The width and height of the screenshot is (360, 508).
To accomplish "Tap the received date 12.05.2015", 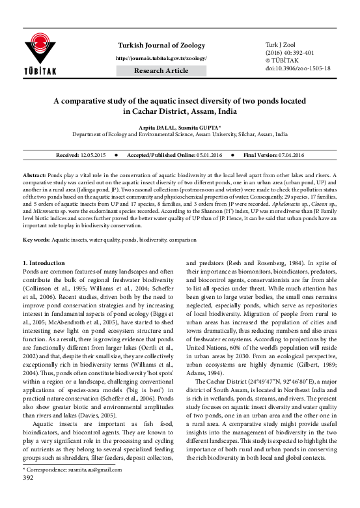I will [x=92, y=156].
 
